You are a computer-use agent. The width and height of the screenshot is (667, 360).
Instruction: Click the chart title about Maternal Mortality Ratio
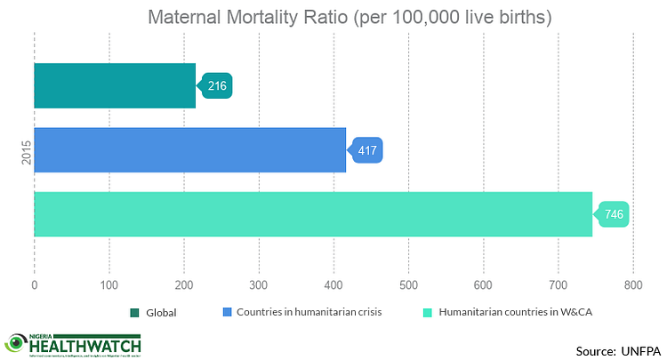click(x=334, y=18)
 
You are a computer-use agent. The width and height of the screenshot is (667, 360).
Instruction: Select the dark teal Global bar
click(x=115, y=86)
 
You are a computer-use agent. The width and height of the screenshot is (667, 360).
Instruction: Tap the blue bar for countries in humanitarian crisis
click(x=189, y=150)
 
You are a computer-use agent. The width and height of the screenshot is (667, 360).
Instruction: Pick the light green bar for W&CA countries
click(x=313, y=214)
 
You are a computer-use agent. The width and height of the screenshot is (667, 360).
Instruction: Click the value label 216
click(x=217, y=86)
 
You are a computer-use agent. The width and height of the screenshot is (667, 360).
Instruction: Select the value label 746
click(x=615, y=214)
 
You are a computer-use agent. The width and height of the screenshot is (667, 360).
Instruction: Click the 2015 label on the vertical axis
click(x=25, y=150)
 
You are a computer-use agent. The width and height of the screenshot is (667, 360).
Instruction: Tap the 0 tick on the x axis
click(x=35, y=285)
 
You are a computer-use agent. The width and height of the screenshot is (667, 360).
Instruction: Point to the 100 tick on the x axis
click(x=109, y=285)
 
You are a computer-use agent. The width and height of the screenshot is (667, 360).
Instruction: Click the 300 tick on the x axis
click(x=259, y=285)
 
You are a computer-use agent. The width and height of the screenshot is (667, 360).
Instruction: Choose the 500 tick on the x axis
click(x=409, y=285)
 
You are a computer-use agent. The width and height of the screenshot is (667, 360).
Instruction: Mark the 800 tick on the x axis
click(x=633, y=285)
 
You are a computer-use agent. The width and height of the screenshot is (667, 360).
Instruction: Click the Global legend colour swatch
click(x=136, y=312)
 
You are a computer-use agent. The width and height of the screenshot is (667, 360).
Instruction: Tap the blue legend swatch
click(x=226, y=312)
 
